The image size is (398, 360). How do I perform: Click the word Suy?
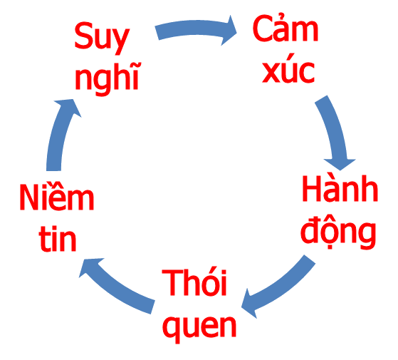[102, 37]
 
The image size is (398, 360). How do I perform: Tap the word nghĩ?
[108, 74]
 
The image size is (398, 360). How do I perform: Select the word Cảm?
[286, 30]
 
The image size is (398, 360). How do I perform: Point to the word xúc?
[288, 71]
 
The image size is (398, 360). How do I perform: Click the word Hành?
[339, 190]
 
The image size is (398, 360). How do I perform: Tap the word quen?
[199, 325]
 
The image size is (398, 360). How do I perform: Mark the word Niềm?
[57, 198]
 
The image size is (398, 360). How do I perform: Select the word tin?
[58, 240]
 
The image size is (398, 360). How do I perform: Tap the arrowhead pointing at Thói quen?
[249, 302]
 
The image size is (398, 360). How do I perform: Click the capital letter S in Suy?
[84, 37]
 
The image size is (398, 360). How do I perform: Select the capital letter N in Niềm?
[29, 198]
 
